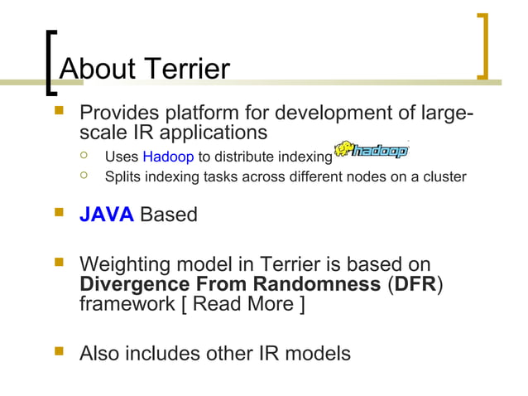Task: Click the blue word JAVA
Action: (x=106, y=215)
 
